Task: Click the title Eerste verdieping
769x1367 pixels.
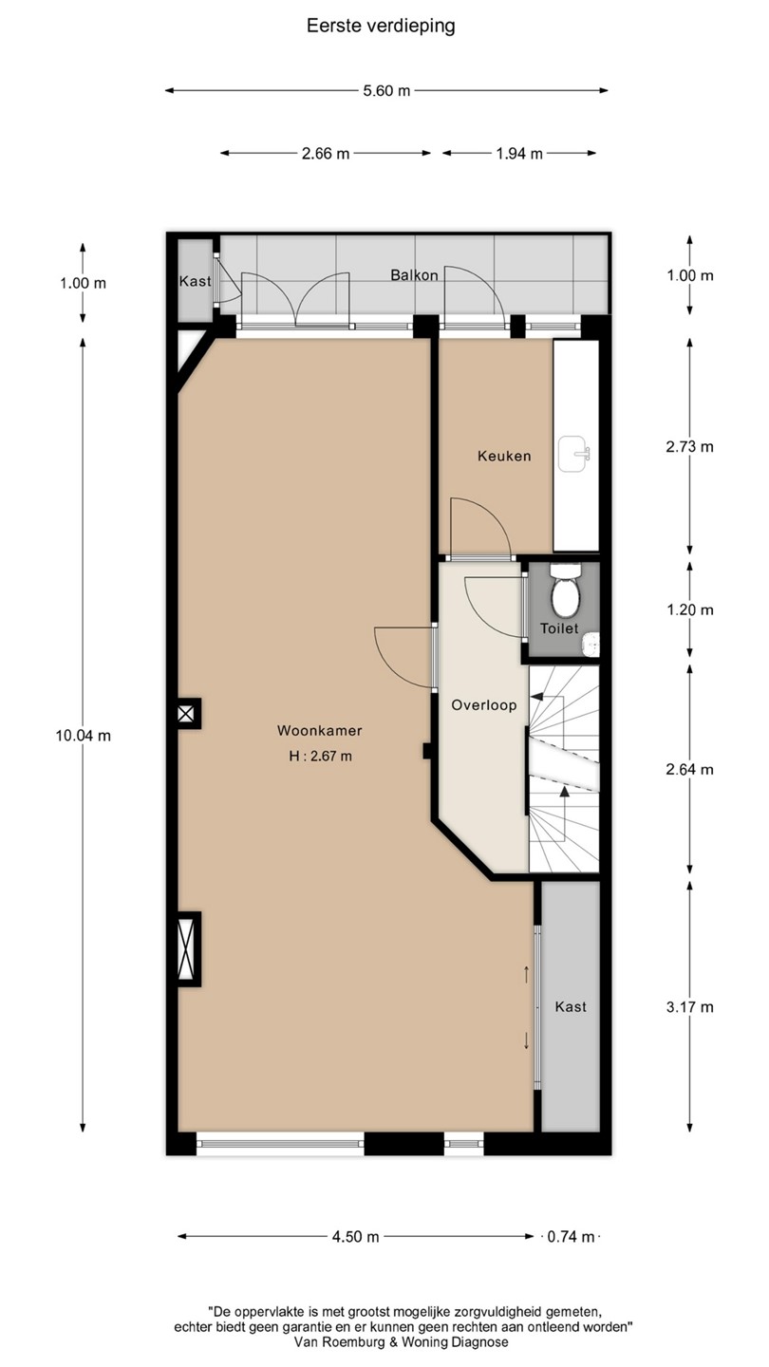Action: (x=381, y=27)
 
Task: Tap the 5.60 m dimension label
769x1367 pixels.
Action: (x=387, y=91)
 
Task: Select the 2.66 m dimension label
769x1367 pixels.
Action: (x=326, y=154)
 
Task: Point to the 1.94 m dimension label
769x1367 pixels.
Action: (x=518, y=154)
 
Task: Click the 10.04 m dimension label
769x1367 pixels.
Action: (x=84, y=736)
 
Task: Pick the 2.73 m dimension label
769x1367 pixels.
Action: (x=689, y=447)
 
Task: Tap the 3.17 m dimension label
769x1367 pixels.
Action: (x=689, y=1007)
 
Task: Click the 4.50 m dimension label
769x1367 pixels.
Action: (x=355, y=1237)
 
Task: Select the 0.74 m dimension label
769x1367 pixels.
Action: (x=571, y=1237)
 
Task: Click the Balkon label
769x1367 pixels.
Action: (x=414, y=275)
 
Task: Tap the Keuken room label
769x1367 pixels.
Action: (x=504, y=456)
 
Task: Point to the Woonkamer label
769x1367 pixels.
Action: (x=320, y=731)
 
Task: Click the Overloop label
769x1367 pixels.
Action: (x=484, y=705)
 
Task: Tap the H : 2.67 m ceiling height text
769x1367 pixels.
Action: (x=321, y=756)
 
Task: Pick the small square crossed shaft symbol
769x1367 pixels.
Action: (x=186, y=714)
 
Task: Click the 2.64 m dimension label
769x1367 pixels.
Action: (x=689, y=770)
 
